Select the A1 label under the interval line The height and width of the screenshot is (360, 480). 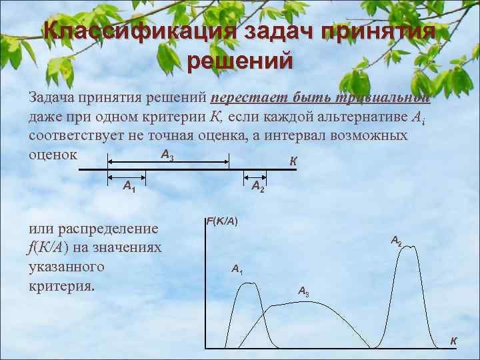(129, 187)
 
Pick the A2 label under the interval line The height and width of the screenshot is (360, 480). (258, 187)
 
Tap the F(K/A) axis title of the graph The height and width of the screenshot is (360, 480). (223, 221)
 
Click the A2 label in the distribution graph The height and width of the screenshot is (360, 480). (396, 241)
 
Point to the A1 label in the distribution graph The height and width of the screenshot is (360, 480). (237, 269)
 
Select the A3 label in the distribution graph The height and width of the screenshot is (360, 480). (303, 291)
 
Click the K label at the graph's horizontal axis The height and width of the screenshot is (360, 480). (453, 341)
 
